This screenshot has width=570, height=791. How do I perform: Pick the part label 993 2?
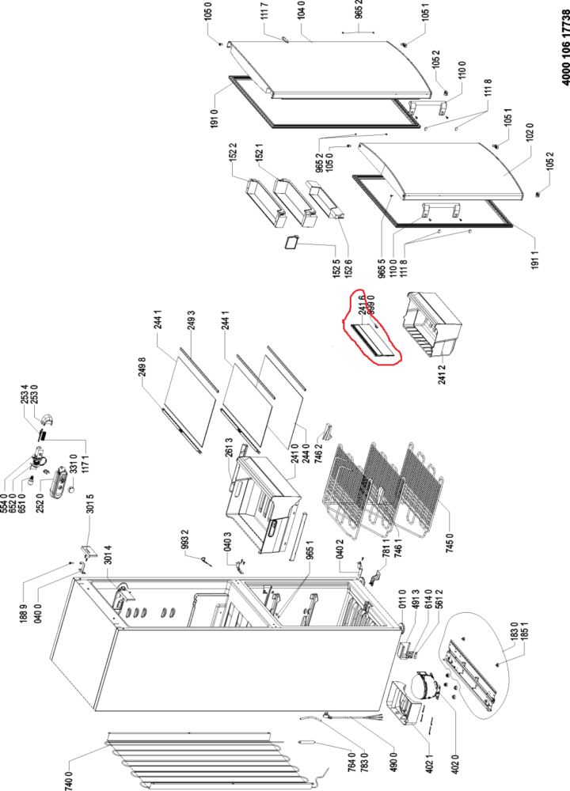[x=184, y=539]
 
